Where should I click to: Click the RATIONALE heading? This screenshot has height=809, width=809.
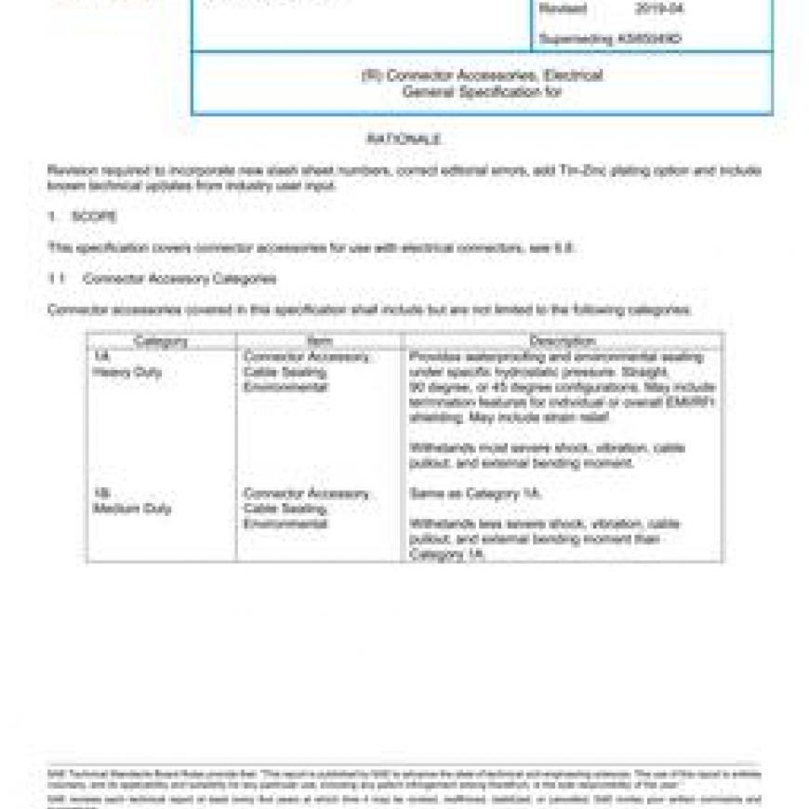(404, 139)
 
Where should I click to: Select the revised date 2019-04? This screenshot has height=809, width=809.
(659, 10)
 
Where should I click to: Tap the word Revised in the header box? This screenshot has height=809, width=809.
(563, 10)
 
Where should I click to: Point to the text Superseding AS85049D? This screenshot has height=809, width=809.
(610, 39)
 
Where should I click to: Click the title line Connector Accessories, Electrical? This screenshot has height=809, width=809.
(482, 75)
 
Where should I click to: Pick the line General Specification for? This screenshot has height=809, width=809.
(482, 92)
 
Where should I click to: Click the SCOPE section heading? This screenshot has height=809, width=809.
(94, 217)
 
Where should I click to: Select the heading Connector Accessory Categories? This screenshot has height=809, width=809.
(179, 278)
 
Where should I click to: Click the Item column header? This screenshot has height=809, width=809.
(319, 341)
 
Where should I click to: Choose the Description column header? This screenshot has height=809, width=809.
(563, 341)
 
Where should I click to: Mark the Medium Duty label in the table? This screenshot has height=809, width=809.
(132, 509)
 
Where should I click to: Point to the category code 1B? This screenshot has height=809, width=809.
(101, 493)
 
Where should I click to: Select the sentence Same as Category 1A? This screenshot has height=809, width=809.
(475, 494)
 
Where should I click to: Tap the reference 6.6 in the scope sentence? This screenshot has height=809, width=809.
(565, 248)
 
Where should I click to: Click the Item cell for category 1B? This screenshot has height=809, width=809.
(306, 509)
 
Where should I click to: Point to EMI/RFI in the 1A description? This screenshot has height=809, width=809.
(694, 402)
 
